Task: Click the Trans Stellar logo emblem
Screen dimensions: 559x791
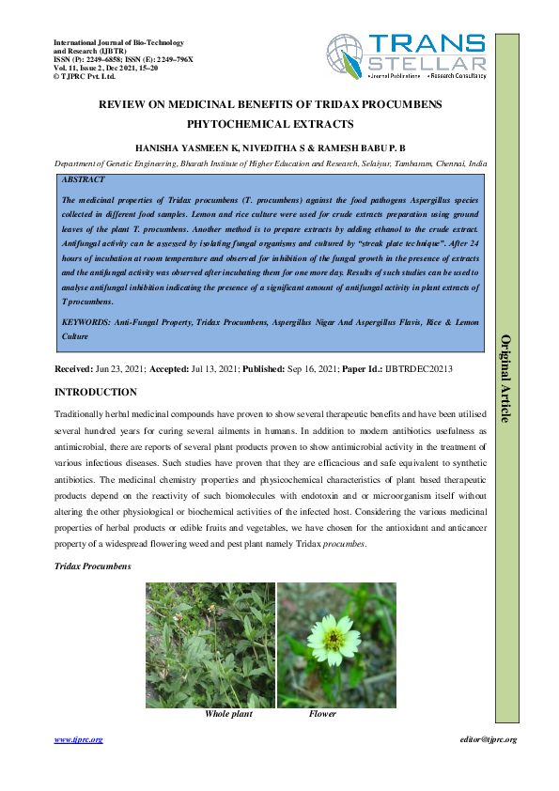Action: coord(346,55)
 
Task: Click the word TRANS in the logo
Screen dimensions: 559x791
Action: coord(427,44)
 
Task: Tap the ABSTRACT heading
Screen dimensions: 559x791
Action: coord(83,178)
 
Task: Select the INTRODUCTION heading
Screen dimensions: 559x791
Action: coord(96,392)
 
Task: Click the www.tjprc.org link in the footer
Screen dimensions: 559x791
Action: coord(78,739)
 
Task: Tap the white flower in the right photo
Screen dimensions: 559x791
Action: coord(331,640)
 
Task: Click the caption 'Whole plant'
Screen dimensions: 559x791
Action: coord(228,714)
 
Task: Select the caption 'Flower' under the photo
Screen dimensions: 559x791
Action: coord(322,714)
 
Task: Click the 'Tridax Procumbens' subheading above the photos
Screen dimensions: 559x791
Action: coord(93,566)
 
